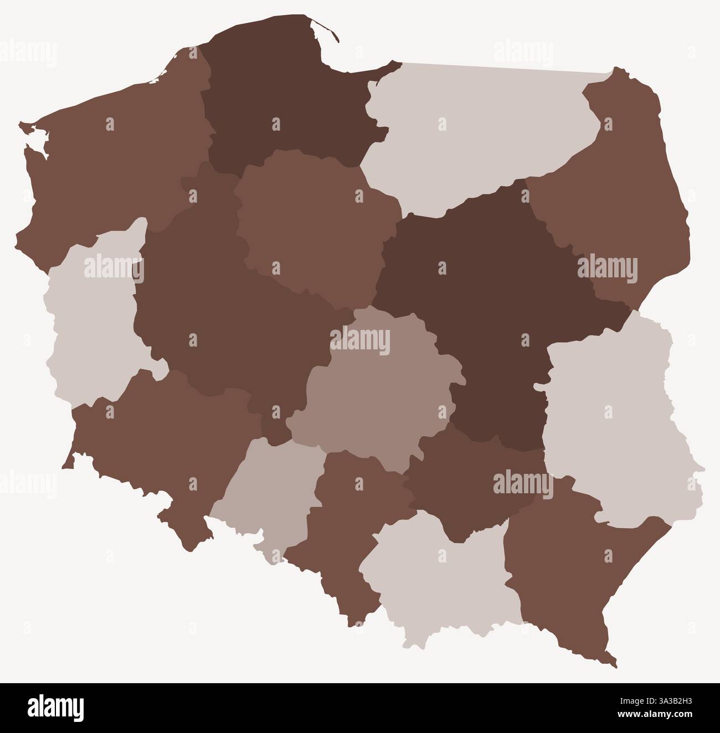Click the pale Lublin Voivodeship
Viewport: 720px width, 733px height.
click(x=615, y=421)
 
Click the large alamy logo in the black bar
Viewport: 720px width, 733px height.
click(x=55, y=707)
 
